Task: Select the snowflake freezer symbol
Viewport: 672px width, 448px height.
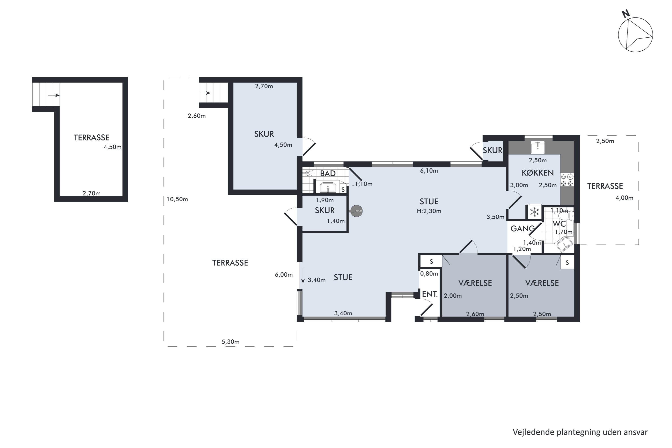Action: tap(534, 212)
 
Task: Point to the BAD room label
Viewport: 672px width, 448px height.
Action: tap(328, 173)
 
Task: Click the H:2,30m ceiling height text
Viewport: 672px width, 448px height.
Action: tap(429, 211)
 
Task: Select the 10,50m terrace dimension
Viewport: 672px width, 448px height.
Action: tap(177, 199)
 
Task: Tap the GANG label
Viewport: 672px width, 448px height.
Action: tap(522, 228)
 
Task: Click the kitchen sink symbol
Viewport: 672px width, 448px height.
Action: tap(538, 147)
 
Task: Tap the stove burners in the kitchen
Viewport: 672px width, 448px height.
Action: tap(567, 180)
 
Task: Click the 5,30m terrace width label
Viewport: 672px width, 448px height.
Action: tap(230, 342)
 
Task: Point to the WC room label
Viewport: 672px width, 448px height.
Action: tap(559, 224)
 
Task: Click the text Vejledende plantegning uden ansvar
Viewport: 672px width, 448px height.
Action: tap(580, 432)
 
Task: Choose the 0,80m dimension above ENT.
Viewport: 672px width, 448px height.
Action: tap(429, 274)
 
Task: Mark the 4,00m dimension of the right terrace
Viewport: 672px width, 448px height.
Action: tap(624, 198)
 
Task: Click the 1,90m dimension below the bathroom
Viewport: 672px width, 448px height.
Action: tap(325, 200)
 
